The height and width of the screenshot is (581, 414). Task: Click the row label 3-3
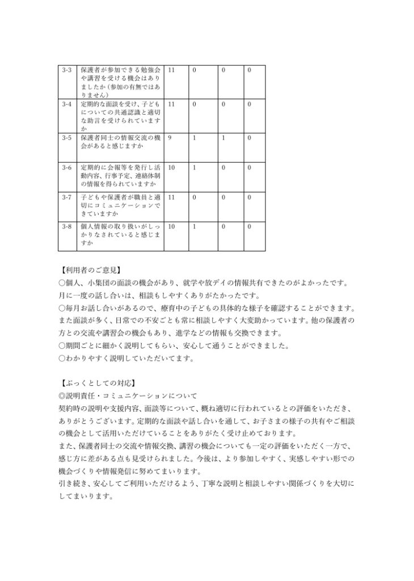67,70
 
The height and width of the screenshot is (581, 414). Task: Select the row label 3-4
67,105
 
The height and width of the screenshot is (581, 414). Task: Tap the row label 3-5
67,137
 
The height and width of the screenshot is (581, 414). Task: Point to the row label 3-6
67,168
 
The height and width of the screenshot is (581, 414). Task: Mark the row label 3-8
67,226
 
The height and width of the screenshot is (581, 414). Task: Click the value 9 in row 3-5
170,137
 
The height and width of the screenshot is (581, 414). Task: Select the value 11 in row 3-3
171,70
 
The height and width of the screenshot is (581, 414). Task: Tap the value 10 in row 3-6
171,168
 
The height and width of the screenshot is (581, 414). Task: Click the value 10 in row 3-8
171,226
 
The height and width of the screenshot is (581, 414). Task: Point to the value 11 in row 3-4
171,105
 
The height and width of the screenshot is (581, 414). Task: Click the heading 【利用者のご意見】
90,270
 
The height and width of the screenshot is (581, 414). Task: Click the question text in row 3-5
120,141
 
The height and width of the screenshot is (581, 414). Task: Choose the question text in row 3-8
120,234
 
